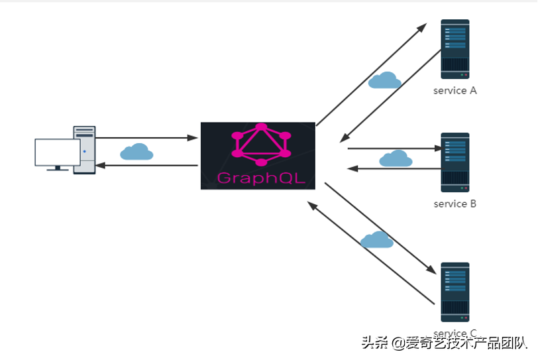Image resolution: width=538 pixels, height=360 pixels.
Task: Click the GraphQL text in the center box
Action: point(258,178)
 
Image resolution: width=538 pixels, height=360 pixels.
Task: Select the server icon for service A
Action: point(455,50)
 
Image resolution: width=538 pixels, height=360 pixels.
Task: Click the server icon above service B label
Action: point(455,162)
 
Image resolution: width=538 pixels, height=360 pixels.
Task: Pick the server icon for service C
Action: point(455,292)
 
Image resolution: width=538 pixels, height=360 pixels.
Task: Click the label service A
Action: point(455,91)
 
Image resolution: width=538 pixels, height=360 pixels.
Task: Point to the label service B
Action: point(455,204)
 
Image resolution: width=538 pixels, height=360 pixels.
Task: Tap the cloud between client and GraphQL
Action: point(136,152)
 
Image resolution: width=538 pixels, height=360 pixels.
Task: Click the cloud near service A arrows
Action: point(384,80)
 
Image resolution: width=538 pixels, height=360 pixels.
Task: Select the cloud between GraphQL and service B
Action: point(396,158)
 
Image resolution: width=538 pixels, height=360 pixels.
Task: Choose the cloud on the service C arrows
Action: point(376,240)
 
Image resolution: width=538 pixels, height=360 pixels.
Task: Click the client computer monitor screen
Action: point(57,152)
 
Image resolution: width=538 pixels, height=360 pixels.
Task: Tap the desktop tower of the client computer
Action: point(84,150)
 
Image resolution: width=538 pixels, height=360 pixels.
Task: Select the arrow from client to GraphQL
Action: point(146,138)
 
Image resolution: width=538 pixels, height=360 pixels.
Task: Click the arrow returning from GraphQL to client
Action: point(146,165)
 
